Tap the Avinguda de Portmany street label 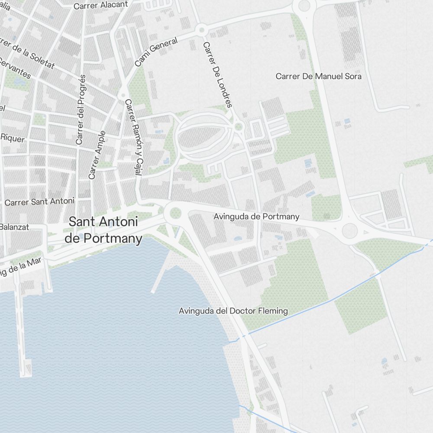click(256, 216)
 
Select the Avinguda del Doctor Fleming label click(233, 310)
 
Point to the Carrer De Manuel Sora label click(318, 76)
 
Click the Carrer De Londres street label click(217, 74)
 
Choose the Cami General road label click(156, 52)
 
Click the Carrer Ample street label click(97, 155)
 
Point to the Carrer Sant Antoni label click(39, 201)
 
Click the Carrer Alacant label click(101, 5)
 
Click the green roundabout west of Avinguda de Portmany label click(175, 213)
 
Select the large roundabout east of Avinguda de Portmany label click(350, 230)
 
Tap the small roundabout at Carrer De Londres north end click(200, 30)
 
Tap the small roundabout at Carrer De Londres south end click(238, 127)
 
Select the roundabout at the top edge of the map click(304, 6)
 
